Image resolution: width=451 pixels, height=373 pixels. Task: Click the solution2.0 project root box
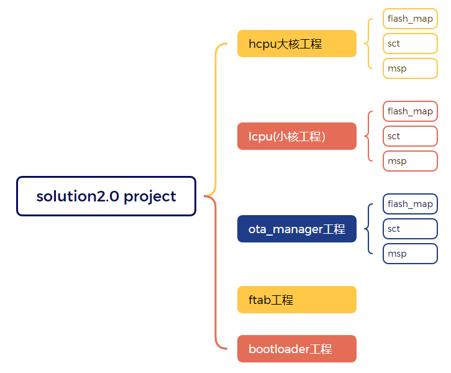tap(106, 196)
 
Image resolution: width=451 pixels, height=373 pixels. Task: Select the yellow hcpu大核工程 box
tap(297, 44)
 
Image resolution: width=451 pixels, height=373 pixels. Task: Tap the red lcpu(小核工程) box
tap(297, 136)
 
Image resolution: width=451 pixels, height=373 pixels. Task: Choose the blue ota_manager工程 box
tap(297, 229)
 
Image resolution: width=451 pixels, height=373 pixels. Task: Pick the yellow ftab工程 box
tap(297, 300)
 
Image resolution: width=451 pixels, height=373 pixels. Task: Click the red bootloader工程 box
tap(297, 349)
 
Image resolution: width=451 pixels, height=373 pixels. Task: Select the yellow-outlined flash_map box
tap(410, 19)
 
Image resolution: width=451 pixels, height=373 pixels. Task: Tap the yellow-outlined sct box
tap(410, 44)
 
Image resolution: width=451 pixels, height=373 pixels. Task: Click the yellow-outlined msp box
tap(410, 68)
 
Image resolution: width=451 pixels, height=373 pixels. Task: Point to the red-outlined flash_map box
tap(410, 111)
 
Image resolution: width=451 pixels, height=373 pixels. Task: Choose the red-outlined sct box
tap(410, 136)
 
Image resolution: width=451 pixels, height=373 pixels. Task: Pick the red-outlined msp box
tap(410, 161)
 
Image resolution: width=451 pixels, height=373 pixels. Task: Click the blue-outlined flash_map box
tap(410, 204)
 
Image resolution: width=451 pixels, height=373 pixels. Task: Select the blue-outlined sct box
tap(410, 229)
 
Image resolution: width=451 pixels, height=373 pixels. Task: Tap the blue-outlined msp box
tap(410, 254)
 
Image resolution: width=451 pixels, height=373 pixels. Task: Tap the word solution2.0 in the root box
tap(78, 196)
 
